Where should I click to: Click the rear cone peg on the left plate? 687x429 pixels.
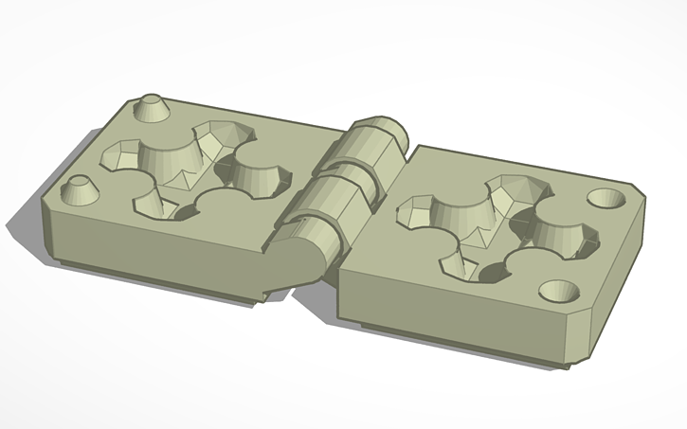pos(152,108)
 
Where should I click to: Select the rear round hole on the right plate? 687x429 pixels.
pos(606,199)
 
